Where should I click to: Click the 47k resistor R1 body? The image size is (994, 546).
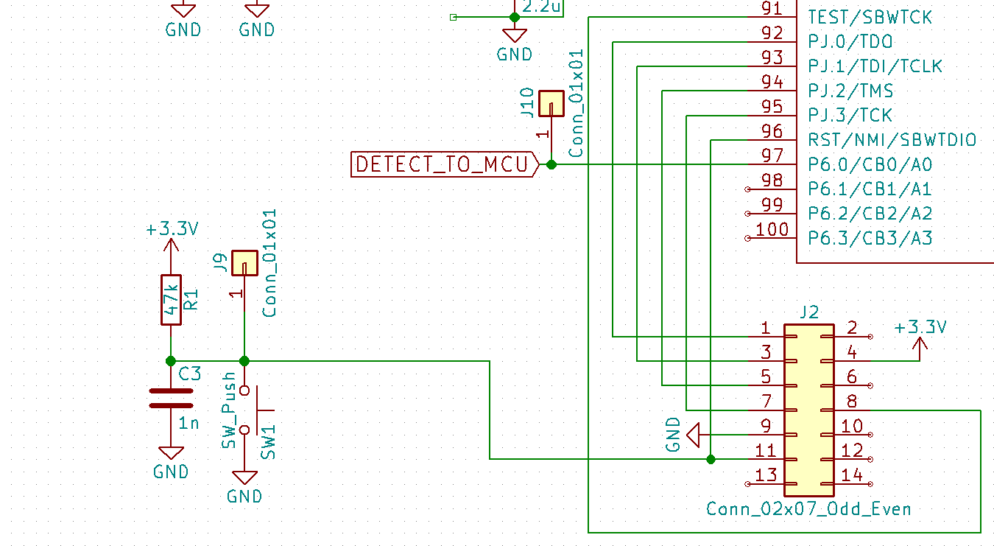pyautogui.click(x=171, y=299)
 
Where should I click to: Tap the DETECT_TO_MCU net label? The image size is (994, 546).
pyautogui.click(x=443, y=164)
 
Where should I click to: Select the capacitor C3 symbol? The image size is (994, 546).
pyautogui.click(x=171, y=399)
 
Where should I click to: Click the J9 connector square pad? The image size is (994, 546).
pyautogui.click(x=244, y=263)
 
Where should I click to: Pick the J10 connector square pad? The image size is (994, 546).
pyautogui.click(x=551, y=103)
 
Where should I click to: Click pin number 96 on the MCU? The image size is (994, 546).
pyautogui.click(x=772, y=132)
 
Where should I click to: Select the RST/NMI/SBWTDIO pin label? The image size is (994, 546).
pyautogui.click(x=892, y=140)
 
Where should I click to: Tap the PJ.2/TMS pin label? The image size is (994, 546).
pyautogui.click(x=850, y=91)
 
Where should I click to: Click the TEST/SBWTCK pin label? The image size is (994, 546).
pyautogui.click(x=870, y=17)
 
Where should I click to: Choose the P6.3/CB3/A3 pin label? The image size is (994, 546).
pyautogui.click(x=870, y=238)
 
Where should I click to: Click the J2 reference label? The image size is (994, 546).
pyautogui.click(x=808, y=312)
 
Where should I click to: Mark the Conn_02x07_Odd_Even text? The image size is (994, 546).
pyautogui.click(x=808, y=509)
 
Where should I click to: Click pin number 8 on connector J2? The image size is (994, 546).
pyautogui.click(x=852, y=402)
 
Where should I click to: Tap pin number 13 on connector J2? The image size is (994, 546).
pyautogui.click(x=766, y=475)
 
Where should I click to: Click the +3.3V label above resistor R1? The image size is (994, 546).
pyautogui.click(x=172, y=229)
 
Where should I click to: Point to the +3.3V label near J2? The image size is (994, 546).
pyautogui.click(x=920, y=327)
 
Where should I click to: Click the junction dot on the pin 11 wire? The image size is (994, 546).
pyautogui.click(x=711, y=459)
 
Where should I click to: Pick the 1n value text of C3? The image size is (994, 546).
pyautogui.click(x=189, y=423)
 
